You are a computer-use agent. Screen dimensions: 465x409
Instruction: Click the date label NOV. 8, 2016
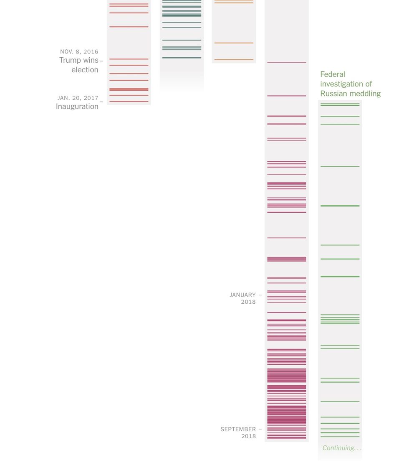point(79,52)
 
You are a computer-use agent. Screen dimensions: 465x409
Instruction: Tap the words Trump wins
point(78,60)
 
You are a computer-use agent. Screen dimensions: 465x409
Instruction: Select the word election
point(85,70)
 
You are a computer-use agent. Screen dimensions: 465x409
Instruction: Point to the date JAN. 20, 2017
point(78,98)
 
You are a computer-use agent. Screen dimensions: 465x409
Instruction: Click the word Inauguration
point(77,107)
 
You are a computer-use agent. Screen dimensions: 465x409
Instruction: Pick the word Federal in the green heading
point(333,74)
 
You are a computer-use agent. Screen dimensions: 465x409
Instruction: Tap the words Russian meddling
point(351,94)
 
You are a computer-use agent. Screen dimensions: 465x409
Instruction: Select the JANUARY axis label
point(242,295)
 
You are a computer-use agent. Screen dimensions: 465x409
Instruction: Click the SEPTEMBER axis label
point(238,429)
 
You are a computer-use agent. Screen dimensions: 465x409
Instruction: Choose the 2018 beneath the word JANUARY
point(248,302)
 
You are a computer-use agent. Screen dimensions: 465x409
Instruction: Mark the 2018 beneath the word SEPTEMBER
point(248,437)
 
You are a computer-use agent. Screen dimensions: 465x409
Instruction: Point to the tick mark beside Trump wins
point(101,61)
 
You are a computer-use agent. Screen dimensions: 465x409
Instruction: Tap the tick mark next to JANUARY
point(260,295)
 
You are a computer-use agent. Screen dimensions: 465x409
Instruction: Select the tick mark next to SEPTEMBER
point(260,429)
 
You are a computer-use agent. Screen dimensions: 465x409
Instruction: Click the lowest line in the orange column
point(234,60)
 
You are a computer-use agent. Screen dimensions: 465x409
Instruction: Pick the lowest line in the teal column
point(182,58)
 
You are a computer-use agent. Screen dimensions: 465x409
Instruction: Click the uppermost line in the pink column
point(287,63)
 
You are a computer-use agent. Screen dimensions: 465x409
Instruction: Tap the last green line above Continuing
point(340,437)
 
